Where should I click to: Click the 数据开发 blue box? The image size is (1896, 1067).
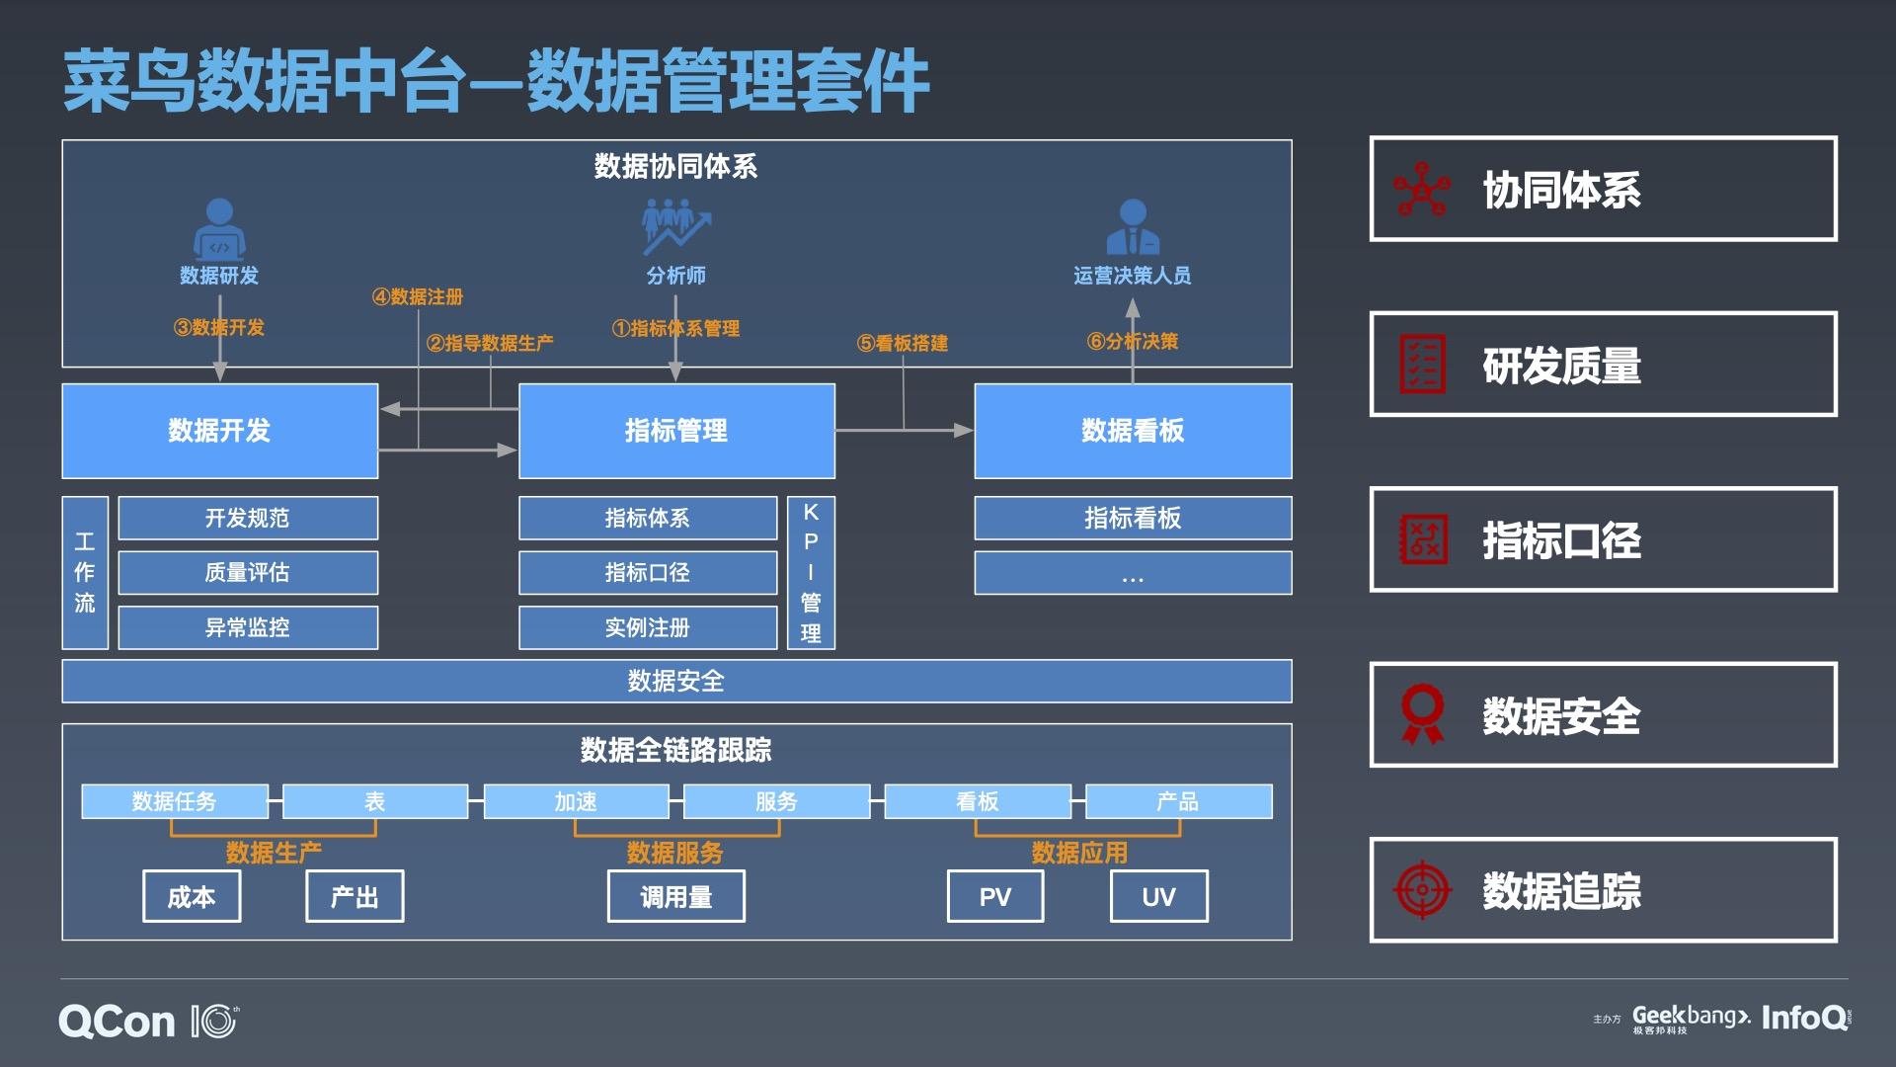pyautogui.click(x=219, y=431)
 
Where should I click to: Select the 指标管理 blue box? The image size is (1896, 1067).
pyautogui.click(x=676, y=431)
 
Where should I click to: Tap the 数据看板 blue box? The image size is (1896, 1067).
pyautogui.click(x=1133, y=431)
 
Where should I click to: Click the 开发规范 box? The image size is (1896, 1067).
pyautogui.click(x=247, y=518)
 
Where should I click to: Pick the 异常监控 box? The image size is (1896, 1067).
pyautogui.click(x=247, y=627)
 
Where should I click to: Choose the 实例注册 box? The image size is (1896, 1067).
pyautogui.click(x=647, y=627)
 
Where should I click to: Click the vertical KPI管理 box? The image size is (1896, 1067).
pyautogui.click(x=811, y=573)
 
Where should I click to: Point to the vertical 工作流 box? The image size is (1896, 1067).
pyautogui.click(x=85, y=573)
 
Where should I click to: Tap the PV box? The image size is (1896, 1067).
pyautogui.click(x=994, y=896)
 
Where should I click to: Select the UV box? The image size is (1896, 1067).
pyautogui.click(x=1158, y=896)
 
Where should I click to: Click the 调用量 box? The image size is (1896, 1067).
pyautogui.click(x=675, y=896)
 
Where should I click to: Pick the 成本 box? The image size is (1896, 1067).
pyautogui.click(x=192, y=896)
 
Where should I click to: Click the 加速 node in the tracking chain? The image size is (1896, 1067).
pyautogui.click(x=576, y=801)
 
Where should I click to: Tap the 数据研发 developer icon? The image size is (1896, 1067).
pyautogui.click(x=218, y=228)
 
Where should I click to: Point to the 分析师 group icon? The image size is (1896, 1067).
pyautogui.click(x=675, y=226)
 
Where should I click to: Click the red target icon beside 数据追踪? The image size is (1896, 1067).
pyautogui.click(x=1422, y=889)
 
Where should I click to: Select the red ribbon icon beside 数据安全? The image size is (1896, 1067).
pyautogui.click(x=1422, y=714)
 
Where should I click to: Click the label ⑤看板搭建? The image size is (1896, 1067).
pyautogui.click(x=903, y=343)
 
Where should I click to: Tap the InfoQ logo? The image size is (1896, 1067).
pyautogui.click(x=1804, y=1018)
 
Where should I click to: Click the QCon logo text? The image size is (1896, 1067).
pyautogui.click(x=117, y=1022)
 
